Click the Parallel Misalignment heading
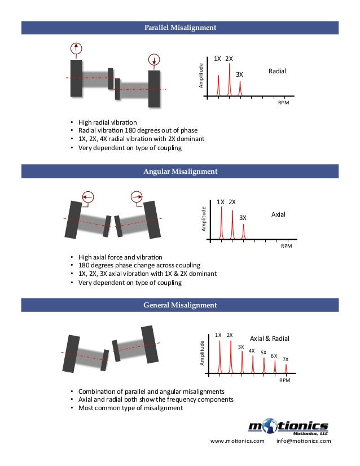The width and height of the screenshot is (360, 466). [x=180, y=27]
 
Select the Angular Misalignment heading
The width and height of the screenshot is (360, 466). [x=180, y=171]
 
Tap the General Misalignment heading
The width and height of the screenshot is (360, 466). [x=180, y=305]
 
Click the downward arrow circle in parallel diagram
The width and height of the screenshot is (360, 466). [x=154, y=59]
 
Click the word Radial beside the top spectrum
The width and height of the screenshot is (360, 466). [x=277, y=72]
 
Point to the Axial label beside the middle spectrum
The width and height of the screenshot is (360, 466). [x=279, y=215]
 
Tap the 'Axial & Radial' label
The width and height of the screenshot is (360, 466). [x=269, y=338]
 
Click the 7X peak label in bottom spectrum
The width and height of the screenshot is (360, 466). [x=286, y=359]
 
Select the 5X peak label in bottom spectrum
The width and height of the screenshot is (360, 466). [x=264, y=352]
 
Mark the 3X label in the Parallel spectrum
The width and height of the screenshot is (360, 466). [x=239, y=74]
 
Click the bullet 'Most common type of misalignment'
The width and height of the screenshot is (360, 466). [x=130, y=408]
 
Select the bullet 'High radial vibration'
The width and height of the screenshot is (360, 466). [x=107, y=122]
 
